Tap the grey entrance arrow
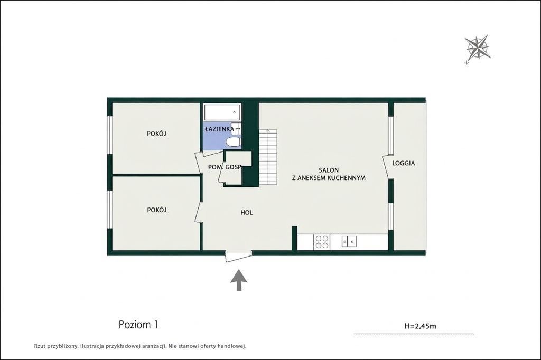point(239,280)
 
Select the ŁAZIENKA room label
point(219,129)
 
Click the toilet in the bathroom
point(233,141)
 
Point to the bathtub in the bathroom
point(222,112)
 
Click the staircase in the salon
point(268,157)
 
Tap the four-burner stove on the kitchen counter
point(322,242)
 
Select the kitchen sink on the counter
point(349,241)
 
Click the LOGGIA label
point(403,163)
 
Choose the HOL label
point(247,212)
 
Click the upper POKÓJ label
point(156,134)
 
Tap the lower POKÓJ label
point(157,210)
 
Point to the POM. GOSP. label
point(225,167)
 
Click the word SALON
point(329,170)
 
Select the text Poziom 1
point(138,325)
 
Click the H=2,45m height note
point(420,326)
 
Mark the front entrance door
point(239,257)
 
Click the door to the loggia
point(388,167)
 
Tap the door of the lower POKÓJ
point(199,212)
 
